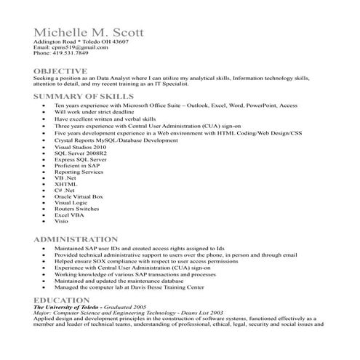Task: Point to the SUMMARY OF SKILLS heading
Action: tap(84, 96)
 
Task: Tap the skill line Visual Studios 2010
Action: tap(80, 148)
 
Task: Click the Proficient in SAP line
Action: tap(76, 166)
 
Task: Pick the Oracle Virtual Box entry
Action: tap(79, 196)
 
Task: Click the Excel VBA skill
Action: tap(69, 215)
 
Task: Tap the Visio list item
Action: tap(61, 221)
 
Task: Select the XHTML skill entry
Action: tap(65, 184)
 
